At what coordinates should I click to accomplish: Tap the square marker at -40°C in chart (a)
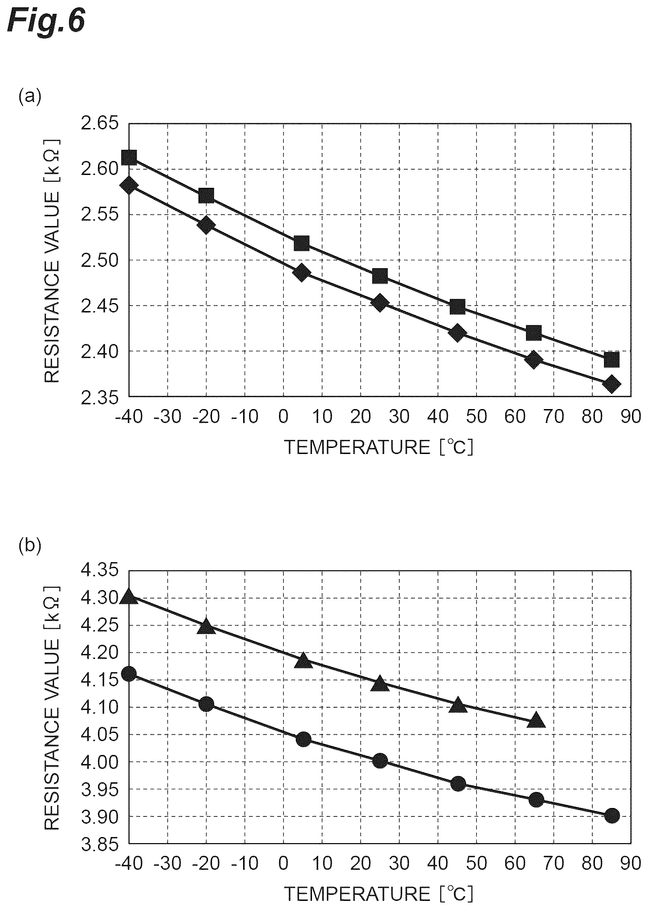pos(129,158)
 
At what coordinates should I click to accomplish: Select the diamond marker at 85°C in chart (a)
pos(612,384)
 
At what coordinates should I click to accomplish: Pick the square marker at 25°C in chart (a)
pos(380,275)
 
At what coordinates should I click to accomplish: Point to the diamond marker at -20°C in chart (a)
pos(206,226)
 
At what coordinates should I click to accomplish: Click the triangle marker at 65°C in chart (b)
pos(536,719)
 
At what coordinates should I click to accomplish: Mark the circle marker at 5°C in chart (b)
pos(304,739)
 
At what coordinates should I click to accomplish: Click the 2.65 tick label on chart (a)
pos(100,123)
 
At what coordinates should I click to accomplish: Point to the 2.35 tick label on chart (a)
pos(100,398)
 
